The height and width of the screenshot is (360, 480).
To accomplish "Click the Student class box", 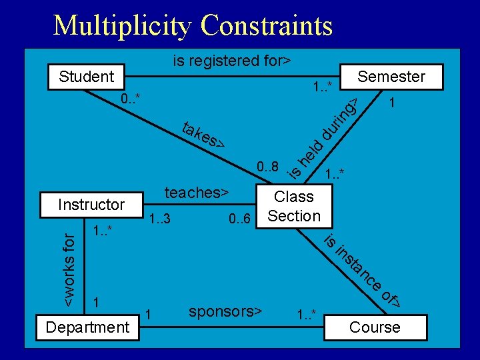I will click(x=87, y=77).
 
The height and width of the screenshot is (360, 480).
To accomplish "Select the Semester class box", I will click(x=391, y=77).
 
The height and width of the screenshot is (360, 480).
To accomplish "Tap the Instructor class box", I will click(x=91, y=205).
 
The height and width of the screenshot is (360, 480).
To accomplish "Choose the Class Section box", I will click(x=294, y=206).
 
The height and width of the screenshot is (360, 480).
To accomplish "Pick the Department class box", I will click(x=87, y=327).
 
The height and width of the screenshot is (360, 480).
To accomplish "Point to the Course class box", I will click(x=375, y=327).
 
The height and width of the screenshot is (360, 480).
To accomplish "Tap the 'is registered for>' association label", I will click(x=231, y=61).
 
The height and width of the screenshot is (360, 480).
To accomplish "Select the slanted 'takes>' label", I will click(x=203, y=135).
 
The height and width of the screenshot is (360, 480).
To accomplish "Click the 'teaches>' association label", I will click(x=197, y=193).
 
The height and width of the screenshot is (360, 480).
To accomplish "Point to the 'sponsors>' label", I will click(x=225, y=312).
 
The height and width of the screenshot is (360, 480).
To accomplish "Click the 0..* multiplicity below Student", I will click(x=131, y=100).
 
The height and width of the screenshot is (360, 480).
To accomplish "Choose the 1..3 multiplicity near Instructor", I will click(x=160, y=219).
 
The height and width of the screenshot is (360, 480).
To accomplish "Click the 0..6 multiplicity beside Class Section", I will click(x=239, y=219).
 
